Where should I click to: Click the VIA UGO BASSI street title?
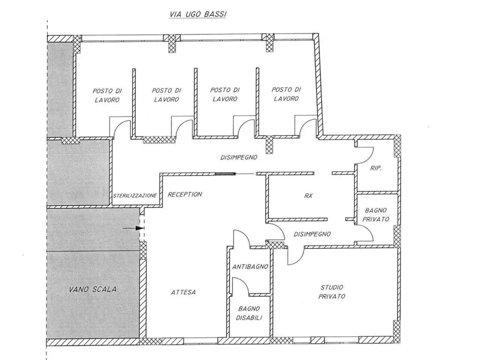pyautogui.click(x=198, y=14)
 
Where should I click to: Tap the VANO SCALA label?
pyautogui.click(x=93, y=289)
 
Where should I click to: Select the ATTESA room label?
pyautogui.click(x=183, y=292)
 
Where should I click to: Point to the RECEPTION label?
pyautogui.click(x=185, y=194)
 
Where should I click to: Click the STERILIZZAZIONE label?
pyautogui.click(x=135, y=196)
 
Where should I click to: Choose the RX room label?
pyautogui.click(x=308, y=196)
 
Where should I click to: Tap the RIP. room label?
pyautogui.click(x=376, y=168)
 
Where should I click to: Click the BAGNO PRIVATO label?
pyautogui.click(x=376, y=214)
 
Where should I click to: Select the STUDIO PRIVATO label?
pyautogui.click(x=332, y=292)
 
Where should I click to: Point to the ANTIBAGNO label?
pyautogui.click(x=250, y=267)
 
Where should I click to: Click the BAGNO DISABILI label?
pyautogui.click(x=249, y=313)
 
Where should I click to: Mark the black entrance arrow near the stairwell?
pyautogui.click(x=133, y=228)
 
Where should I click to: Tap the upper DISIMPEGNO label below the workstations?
pyautogui.click(x=239, y=157)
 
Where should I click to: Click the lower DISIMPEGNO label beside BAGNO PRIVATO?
pyautogui.click(x=312, y=234)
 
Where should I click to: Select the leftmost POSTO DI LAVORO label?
pyautogui.click(x=107, y=95)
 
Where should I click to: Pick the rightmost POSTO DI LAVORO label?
pyautogui.click(x=286, y=94)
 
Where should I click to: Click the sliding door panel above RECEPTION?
pyautogui.click(x=225, y=174)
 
